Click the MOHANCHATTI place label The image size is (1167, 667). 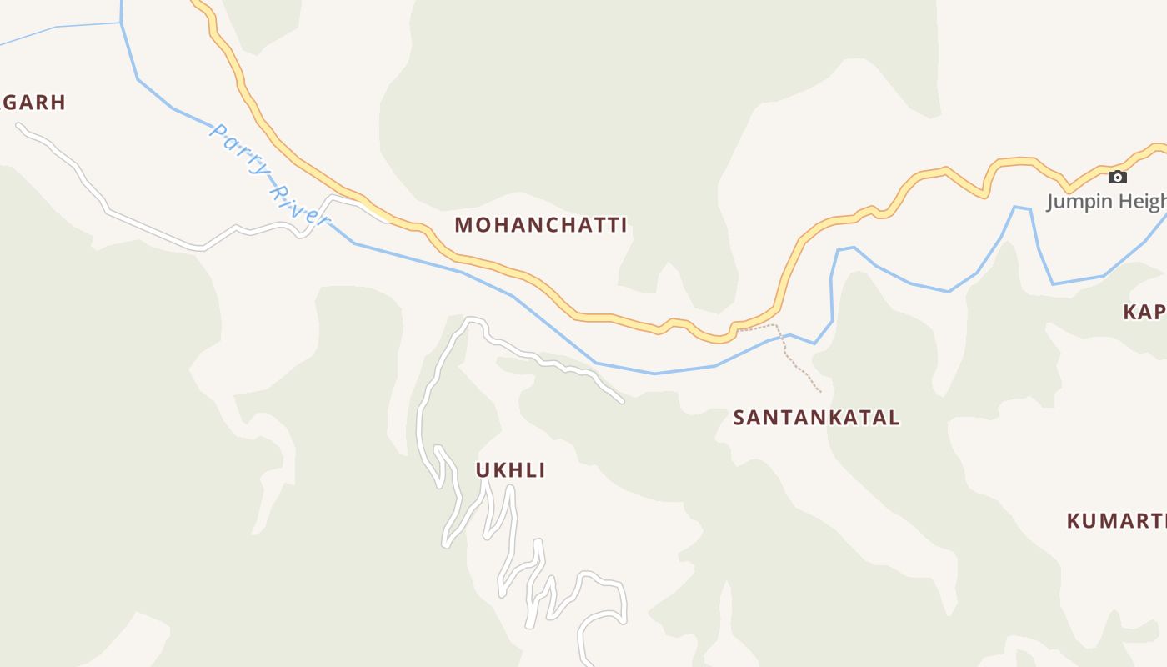pyautogui.click(x=540, y=225)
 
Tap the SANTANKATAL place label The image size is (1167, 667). pyautogui.click(x=816, y=418)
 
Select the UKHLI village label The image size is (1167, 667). pyautogui.click(x=510, y=470)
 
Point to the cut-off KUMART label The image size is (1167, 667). pyautogui.click(x=1117, y=521)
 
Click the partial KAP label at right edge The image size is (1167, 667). pyautogui.click(x=1144, y=313)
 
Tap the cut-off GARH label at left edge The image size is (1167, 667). pyautogui.click(x=33, y=103)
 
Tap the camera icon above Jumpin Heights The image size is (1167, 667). pyautogui.click(x=1117, y=177)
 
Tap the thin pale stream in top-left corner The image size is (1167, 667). pyautogui.click(x=58, y=28)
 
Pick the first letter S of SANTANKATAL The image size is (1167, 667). pyautogui.click(x=739, y=418)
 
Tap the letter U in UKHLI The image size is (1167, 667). pyautogui.click(x=482, y=470)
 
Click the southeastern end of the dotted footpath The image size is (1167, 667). pyautogui.click(x=820, y=391)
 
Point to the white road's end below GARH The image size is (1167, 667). pyautogui.click(x=19, y=126)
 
